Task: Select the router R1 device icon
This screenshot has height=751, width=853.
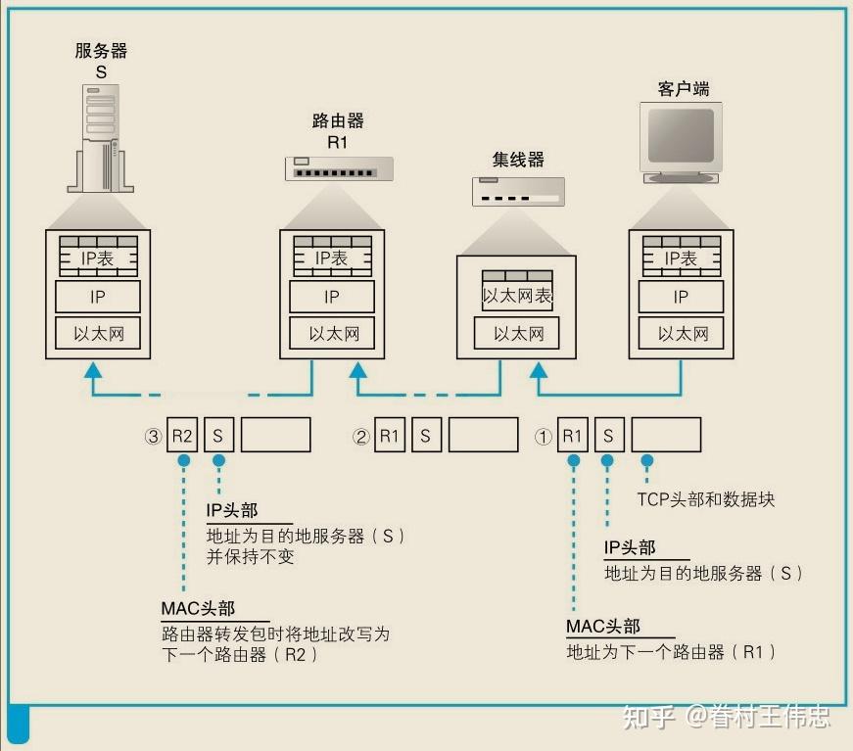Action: [x=340, y=168]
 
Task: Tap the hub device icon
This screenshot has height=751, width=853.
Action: [x=517, y=191]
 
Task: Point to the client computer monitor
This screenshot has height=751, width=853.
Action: [x=681, y=143]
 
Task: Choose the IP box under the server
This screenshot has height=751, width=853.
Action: [x=98, y=297]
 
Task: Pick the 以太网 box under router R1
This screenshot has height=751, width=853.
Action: [x=333, y=334]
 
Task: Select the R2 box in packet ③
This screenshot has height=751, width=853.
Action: [x=182, y=436]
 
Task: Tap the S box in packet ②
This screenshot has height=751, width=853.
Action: [x=425, y=436]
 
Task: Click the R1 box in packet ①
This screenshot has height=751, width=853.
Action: [x=572, y=436]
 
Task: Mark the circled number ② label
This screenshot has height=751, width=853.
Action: [x=360, y=437]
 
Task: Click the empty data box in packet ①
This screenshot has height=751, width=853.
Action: [x=666, y=436]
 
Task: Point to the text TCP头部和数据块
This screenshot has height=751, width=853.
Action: [x=705, y=499]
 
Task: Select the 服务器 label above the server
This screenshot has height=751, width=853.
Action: [x=102, y=51]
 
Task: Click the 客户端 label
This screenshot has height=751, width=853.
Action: [x=683, y=89]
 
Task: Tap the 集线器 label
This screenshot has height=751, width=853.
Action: [x=518, y=159]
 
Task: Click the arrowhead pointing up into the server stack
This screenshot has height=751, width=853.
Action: [x=93, y=370]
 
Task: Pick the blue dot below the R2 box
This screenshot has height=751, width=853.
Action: [x=182, y=459]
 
